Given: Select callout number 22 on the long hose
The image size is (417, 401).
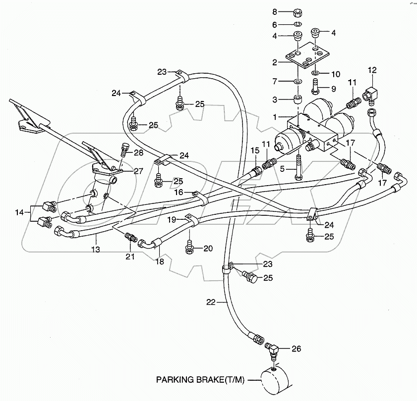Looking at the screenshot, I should pos(210,301).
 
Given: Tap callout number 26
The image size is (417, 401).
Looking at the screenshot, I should pos(296,349).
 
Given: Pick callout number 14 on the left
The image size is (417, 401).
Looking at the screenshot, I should pos(19,212).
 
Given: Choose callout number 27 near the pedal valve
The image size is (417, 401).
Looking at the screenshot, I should pos(137,171).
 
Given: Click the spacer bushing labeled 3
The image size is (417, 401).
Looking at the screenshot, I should pos(298,100).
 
